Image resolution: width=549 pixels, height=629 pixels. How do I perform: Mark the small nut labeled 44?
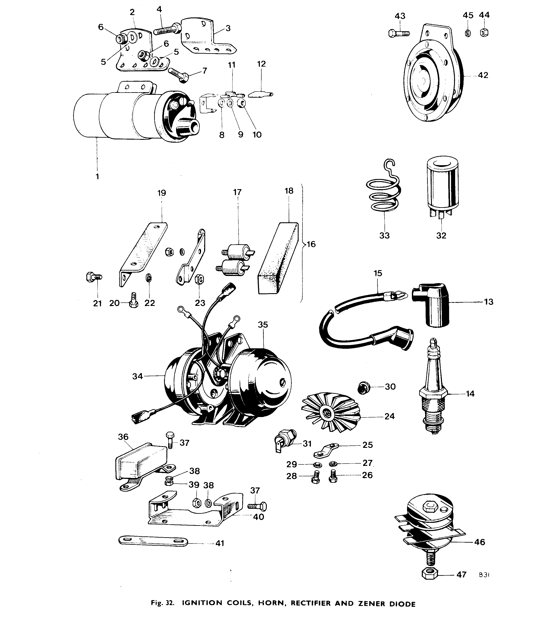(x=484, y=32)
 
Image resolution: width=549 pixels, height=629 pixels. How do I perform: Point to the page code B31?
(x=484, y=575)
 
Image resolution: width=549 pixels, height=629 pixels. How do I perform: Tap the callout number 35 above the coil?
(x=263, y=325)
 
